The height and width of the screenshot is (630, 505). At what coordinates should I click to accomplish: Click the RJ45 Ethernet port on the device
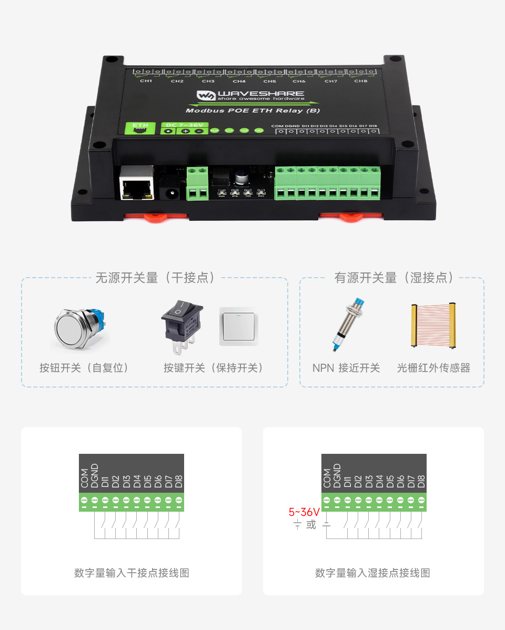(136, 184)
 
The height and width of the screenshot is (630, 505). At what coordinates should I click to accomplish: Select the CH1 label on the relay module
(146, 81)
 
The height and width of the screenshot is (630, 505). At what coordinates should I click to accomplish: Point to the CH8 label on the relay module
(360, 81)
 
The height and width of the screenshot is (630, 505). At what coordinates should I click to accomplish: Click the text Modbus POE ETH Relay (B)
(252, 110)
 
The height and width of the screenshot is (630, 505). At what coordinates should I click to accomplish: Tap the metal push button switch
(79, 329)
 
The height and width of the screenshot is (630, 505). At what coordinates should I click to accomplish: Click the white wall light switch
(239, 326)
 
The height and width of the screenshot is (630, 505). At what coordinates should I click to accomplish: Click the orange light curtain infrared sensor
(433, 326)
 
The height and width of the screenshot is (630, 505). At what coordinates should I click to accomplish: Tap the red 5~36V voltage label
(304, 512)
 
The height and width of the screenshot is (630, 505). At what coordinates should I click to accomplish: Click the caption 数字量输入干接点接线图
(132, 573)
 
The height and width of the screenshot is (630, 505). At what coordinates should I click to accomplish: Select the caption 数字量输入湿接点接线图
(372, 573)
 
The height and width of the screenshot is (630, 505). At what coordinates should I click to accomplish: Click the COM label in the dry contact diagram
(84, 477)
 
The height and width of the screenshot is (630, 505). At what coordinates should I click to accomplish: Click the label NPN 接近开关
(346, 368)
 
